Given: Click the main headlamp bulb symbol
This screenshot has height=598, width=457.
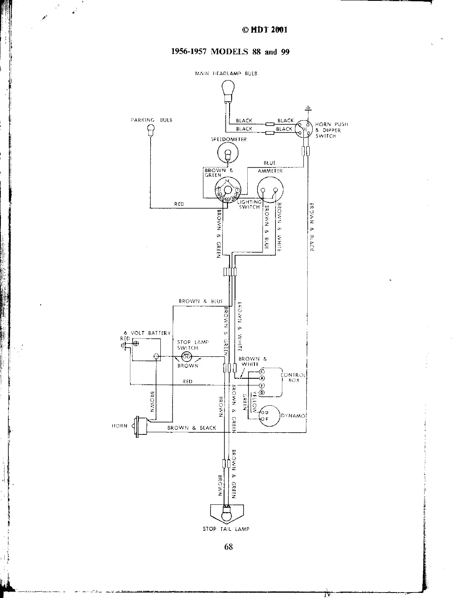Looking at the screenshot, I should pyautogui.click(x=228, y=91).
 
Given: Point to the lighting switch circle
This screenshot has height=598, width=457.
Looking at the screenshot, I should pyautogui.click(x=227, y=191).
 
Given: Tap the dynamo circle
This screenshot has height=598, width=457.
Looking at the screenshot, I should pyautogui.click(x=270, y=416).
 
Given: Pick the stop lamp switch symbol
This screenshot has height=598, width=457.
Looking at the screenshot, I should pyautogui.click(x=186, y=357).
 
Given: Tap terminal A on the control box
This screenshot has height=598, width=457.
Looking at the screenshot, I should pyautogui.click(x=261, y=378).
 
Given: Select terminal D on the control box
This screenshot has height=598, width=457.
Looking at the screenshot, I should pyautogui.click(x=261, y=393).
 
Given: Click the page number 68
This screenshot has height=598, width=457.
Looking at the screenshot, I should pyautogui.click(x=229, y=547).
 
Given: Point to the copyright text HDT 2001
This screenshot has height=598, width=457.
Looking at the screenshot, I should pyautogui.click(x=265, y=30).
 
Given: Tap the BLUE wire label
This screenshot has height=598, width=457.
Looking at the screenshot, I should pyautogui.click(x=269, y=162).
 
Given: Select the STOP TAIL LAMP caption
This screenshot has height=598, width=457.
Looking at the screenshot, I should pyautogui.click(x=226, y=529).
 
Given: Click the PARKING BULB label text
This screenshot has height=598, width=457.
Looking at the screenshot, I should pyautogui.click(x=151, y=120).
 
